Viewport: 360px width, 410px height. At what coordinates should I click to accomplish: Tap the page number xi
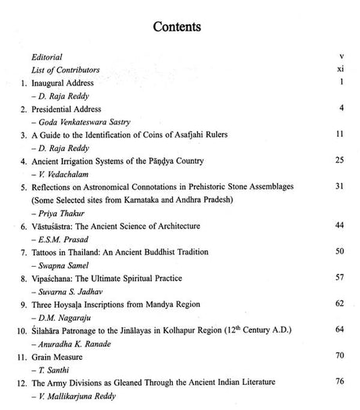(x=340, y=70)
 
